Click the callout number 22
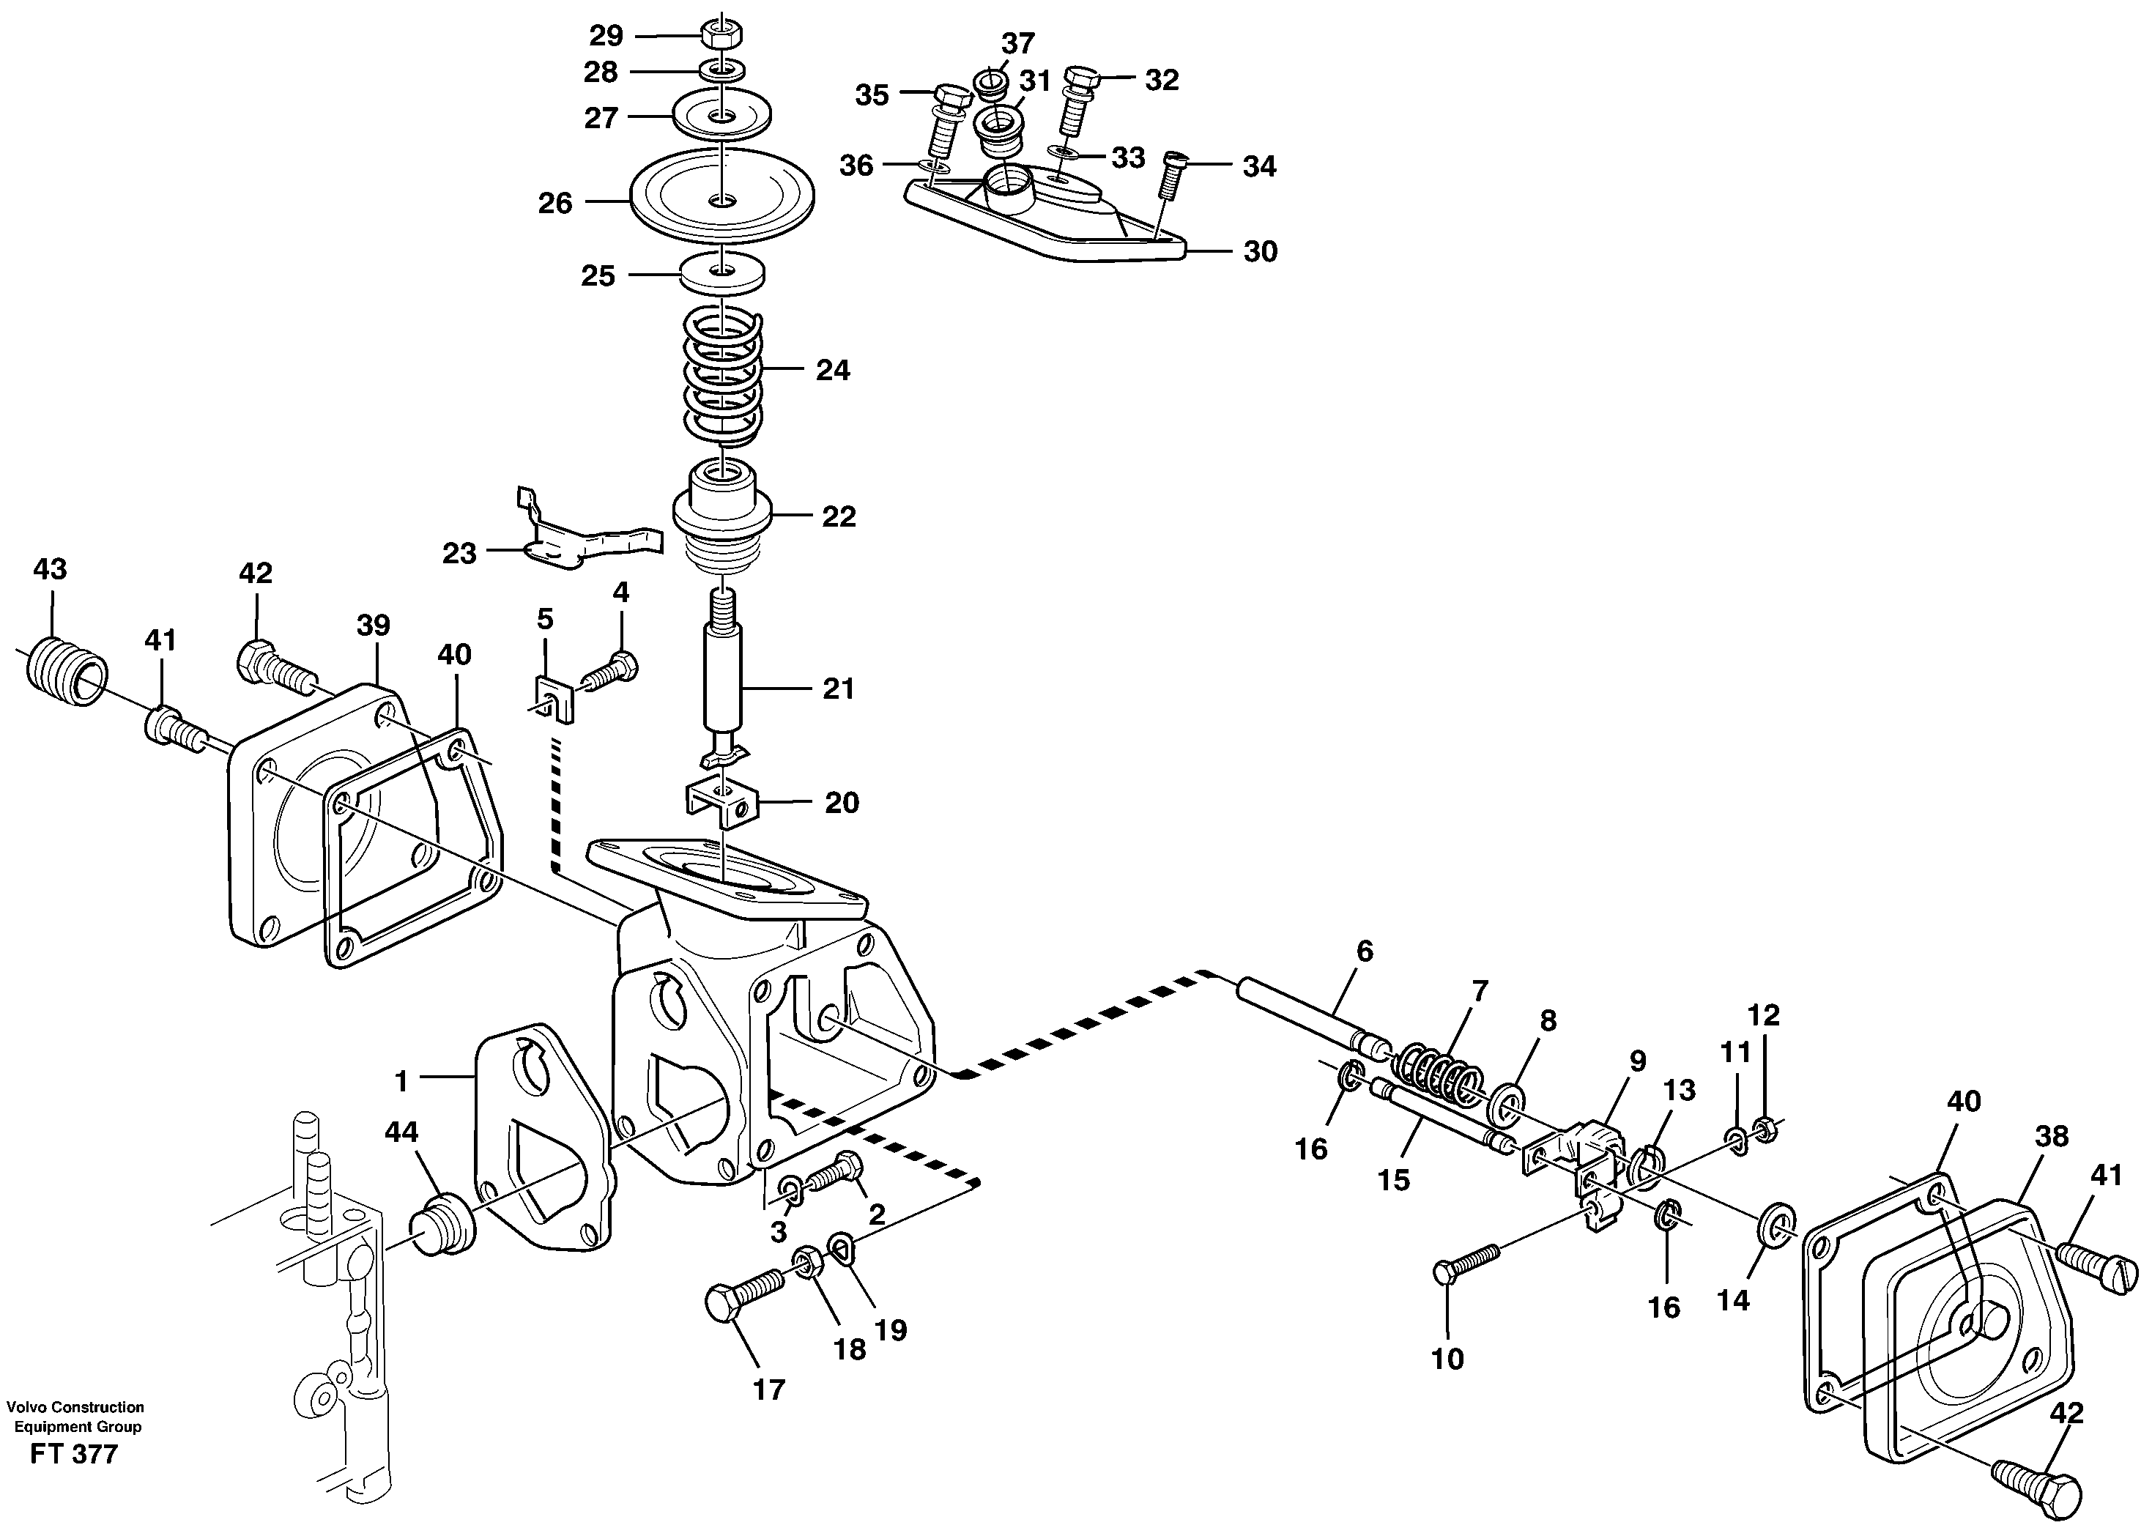[x=838, y=516]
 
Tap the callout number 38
[x=2052, y=1136]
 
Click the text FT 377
[x=74, y=1454]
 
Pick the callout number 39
[x=374, y=626]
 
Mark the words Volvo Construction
[x=75, y=1407]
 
